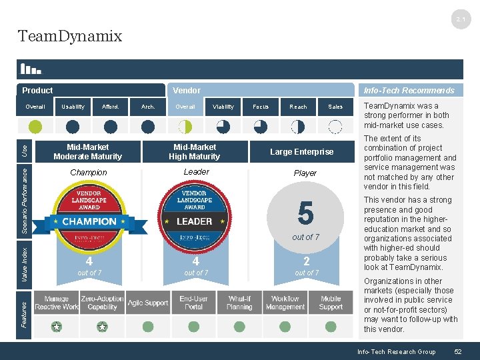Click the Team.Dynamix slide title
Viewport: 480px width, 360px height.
click(x=70, y=36)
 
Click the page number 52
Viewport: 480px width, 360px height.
click(x=457, y=351)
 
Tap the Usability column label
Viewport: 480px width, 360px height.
click(x=73, y=107)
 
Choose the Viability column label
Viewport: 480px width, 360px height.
click(x=223, y=107)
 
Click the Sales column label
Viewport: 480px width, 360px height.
click(x=335, y=107)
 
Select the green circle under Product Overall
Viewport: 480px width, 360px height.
click(x=35, y=127)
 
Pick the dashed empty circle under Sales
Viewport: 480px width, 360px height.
click(x=335, y=127)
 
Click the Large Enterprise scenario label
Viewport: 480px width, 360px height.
click(x=301, y=152)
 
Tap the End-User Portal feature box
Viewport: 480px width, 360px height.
click(x=194, y=303)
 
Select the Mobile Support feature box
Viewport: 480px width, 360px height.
click(x=331, y=303)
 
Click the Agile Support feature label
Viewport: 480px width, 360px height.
click(x=148, y=303)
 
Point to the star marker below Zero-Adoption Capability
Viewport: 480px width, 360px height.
click(x=102, y=327)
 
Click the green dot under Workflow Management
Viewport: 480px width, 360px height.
click(x=285, y=327)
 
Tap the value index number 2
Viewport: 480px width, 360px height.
click(x=306, y=261)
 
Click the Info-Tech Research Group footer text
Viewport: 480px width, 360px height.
click(x=396, y=351)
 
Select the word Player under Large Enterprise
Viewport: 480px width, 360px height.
click(x=305, y=173)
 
